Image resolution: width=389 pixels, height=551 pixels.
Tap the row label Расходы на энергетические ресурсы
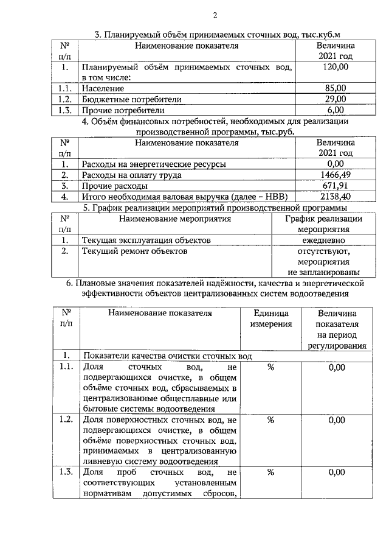[154, 164]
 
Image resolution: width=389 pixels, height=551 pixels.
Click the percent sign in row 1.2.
[271, 420]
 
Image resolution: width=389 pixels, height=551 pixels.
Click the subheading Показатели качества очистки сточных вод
[167, 356]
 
